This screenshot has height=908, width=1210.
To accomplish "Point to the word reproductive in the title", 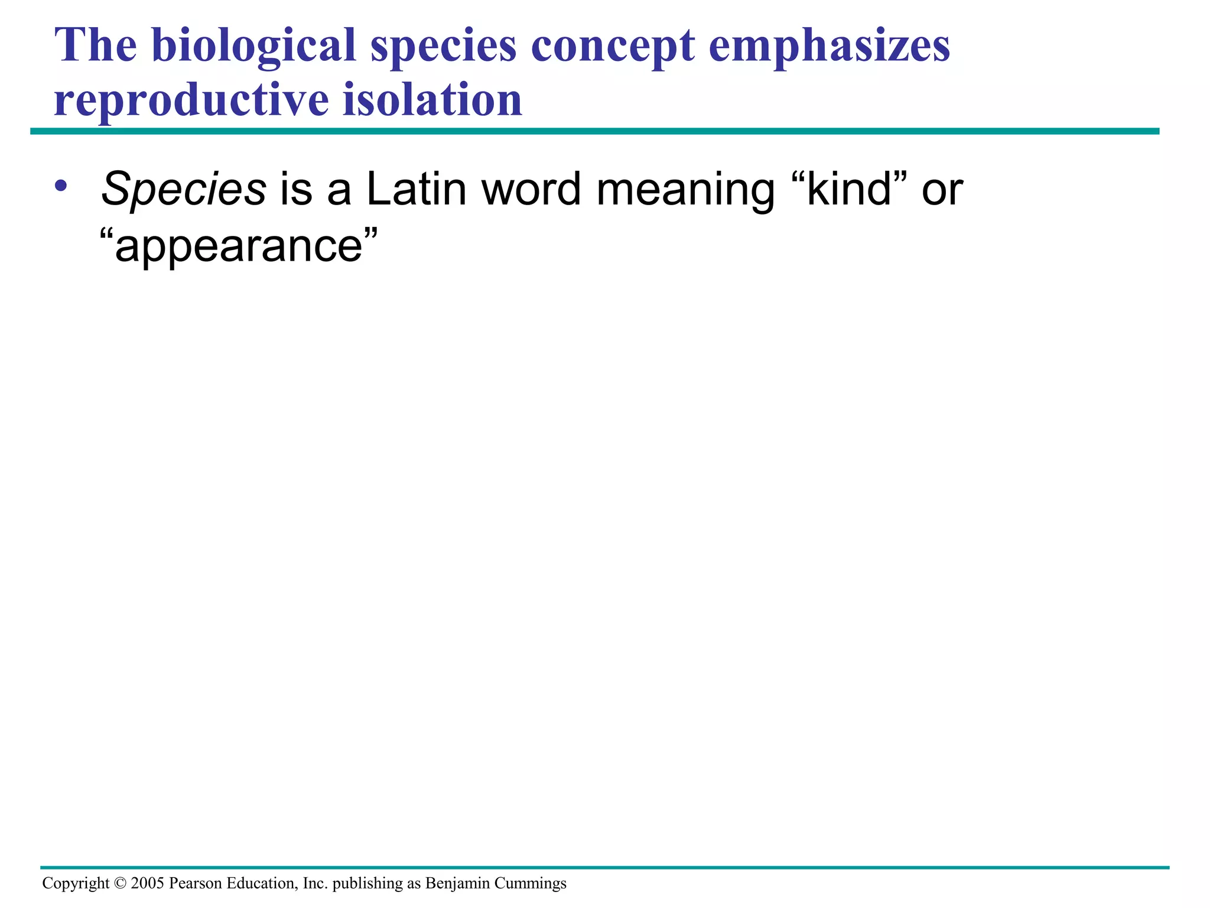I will (191, 100).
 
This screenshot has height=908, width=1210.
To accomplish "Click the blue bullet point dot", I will (60, 186).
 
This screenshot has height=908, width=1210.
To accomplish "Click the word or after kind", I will (942, 191).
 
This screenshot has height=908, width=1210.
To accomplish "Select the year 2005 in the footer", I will (148, 883).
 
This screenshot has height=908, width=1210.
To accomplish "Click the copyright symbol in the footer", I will (120, 883).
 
